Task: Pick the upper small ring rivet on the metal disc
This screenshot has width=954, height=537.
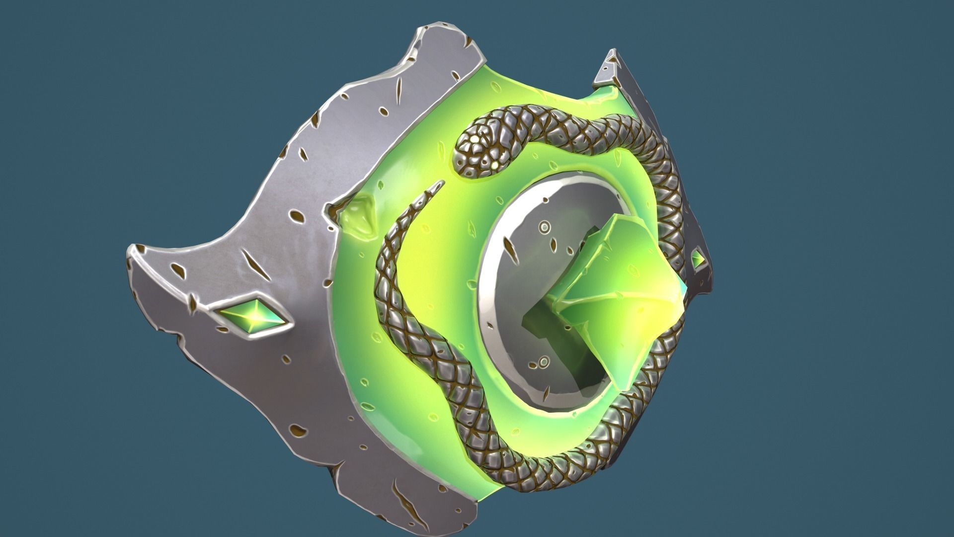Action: pyautogui.click(x=545, y=227)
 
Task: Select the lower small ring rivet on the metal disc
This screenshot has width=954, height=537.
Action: pyautogui.click(x=544, y=360)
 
